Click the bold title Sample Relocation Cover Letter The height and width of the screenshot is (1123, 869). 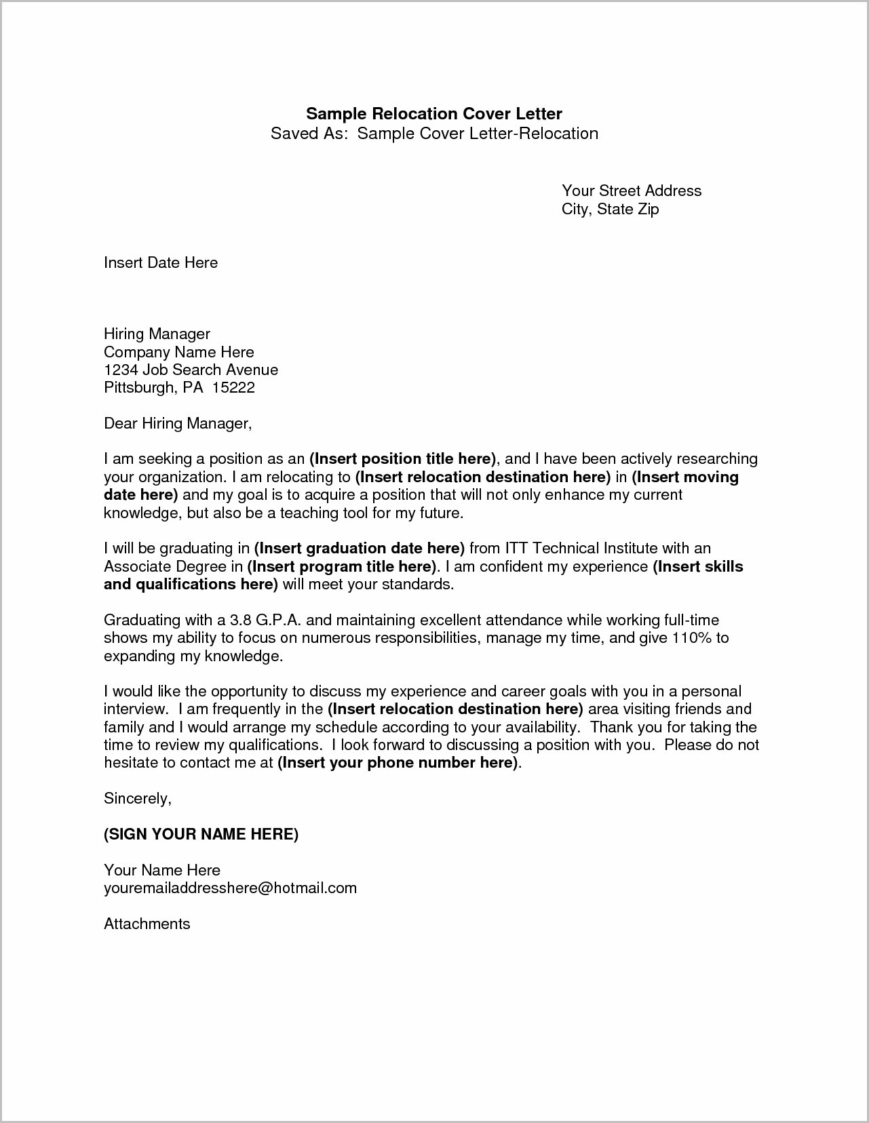click(434, 113)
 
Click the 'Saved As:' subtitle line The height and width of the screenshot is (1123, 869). click(434, 133)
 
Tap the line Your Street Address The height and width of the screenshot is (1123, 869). click(631, 191)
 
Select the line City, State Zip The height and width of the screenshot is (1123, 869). click(610, 209)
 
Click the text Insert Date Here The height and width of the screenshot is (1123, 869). click(161, 262)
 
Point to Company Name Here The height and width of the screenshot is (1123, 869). click(178, 352)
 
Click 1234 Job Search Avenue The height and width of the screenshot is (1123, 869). click(191, 370)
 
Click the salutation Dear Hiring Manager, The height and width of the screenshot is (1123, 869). click(178, 424)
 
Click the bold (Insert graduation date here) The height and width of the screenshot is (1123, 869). click(359, 548)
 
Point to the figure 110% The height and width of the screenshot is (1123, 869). click(692, 637)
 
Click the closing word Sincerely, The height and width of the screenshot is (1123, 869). click(138, 799)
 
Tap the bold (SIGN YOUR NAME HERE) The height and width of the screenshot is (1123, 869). click(201, 834)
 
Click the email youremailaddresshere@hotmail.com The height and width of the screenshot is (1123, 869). click(230, 888)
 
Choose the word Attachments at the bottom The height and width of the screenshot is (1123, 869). click(147, 924)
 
